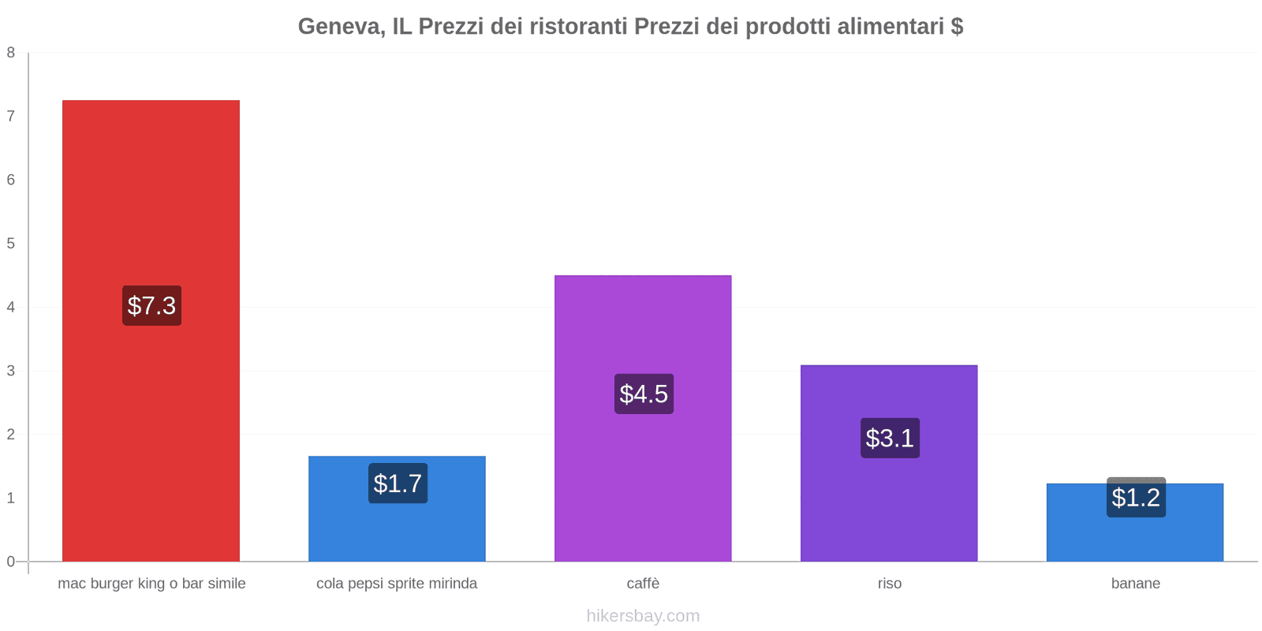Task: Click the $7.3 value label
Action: [x=151, y=305]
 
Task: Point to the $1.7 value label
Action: [x=398, y=483]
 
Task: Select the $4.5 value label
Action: [x=644, y=394]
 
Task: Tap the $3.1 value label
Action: [x=890, y=438]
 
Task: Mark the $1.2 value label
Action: [x=1136, y=498]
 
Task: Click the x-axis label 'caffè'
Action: [x=643, y=584]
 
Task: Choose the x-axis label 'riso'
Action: [x=889, y=584]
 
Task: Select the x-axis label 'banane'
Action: [x=1135, y=584]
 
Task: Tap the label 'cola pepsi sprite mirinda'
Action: [x=397, y=584]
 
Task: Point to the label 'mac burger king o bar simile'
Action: [x=151, y=584]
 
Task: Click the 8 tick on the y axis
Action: [x=11, y=53]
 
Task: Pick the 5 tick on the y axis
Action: [x=11, y=244]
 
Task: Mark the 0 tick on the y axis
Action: [x=11, y=562]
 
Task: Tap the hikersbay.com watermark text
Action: [x=643, y=616]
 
